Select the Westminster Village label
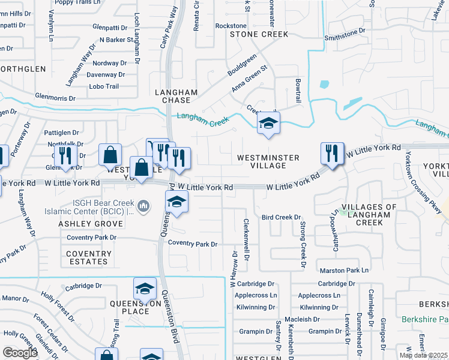268,161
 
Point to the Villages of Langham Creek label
369,215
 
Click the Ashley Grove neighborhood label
91,224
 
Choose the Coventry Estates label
88,257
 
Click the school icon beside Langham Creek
269,124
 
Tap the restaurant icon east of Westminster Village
332,154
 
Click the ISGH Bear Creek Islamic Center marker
143,208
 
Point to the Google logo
20,353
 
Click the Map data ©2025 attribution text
423,355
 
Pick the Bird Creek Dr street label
280,217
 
